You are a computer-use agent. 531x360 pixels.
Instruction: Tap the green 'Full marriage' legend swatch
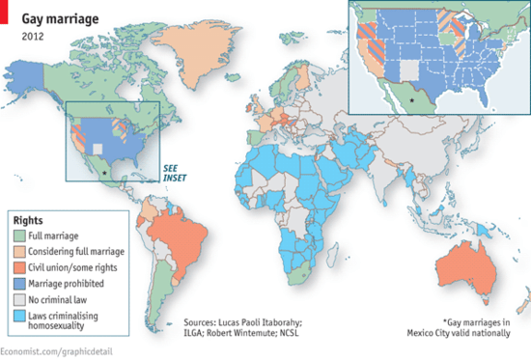click(20, 235)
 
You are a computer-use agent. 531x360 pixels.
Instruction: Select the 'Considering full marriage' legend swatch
click(20, 250)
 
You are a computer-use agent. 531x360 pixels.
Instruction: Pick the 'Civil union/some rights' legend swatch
click(20, 266)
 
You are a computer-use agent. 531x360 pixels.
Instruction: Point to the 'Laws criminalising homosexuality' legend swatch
click(20, 316)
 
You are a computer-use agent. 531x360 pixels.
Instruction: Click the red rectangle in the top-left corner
click(7, 9)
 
